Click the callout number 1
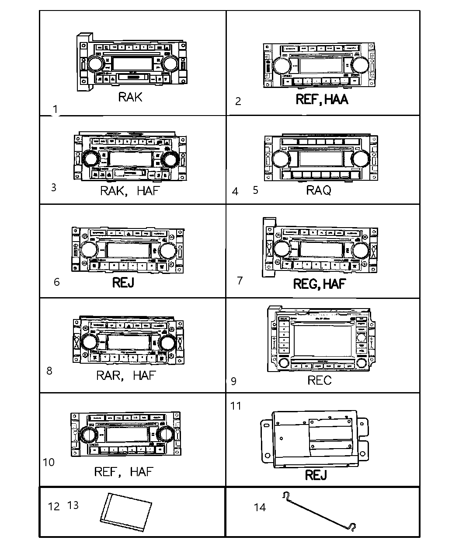pos(55,109)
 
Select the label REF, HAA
pos(322,99)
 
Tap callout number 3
pos(53,187)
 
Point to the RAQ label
pos(318,190)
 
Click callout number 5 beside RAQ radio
pos(255,190)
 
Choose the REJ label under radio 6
pos(123,282)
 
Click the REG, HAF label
pos(319,284)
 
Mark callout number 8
pos(49,371)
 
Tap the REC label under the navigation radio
pos(319,380)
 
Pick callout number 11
pos(236,406)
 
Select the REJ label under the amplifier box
pos(316,475)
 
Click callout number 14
pos(260,507)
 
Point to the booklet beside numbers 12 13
pos(126,508)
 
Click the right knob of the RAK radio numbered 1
pos(169,64)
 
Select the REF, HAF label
pos(124,471)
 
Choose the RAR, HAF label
pos(125,376)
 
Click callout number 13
pos(73,505)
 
